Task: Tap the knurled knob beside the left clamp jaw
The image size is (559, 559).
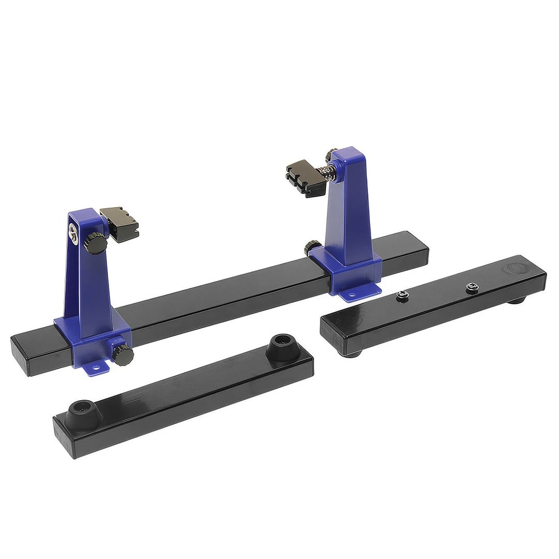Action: point(96,242)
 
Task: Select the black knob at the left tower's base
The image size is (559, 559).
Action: point(123,355)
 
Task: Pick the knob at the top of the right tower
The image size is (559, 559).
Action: point(330,154)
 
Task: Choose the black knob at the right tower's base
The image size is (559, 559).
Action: point(312,247)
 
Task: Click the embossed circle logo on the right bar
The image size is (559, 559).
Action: point(512,270)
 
